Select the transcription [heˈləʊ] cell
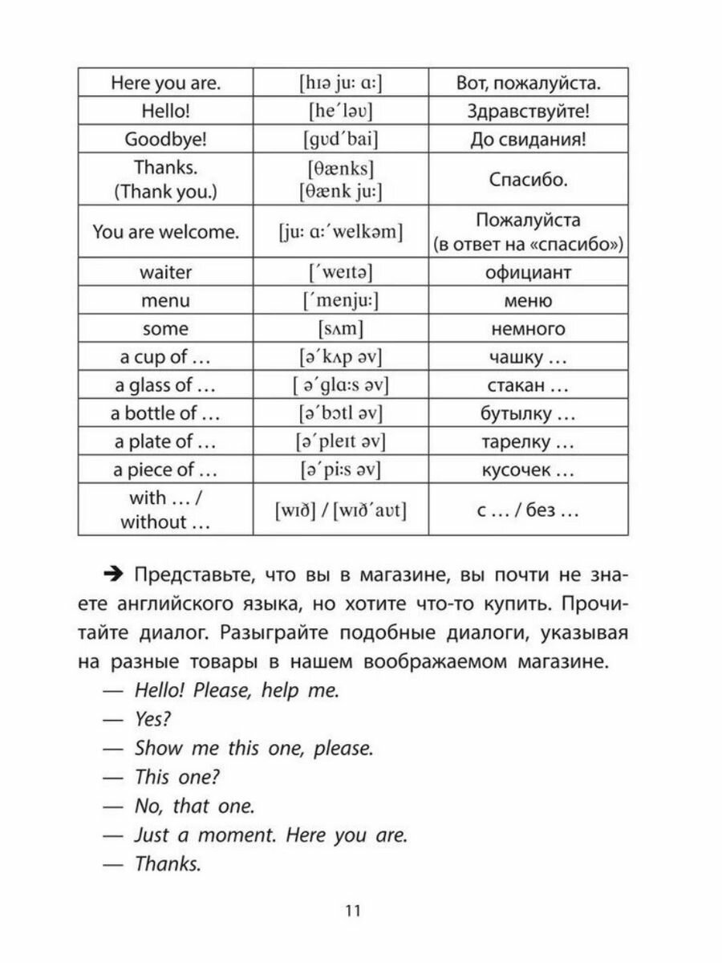(341, 110)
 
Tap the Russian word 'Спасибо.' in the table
(528, 179)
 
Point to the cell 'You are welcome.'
(165, 233)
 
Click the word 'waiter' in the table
(165, 272)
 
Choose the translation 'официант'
(528, 272)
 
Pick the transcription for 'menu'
(341, 301)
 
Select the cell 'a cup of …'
(165, 357)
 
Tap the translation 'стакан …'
(528, 385)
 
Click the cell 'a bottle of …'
(165, 413)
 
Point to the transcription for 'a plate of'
(341, 441)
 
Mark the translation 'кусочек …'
(528, 469)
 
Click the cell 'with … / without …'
(165, 510)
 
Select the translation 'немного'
(528, 329)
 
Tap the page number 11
(354, 911)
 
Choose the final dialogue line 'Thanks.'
(167, 864)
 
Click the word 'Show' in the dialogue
(158, 749)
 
